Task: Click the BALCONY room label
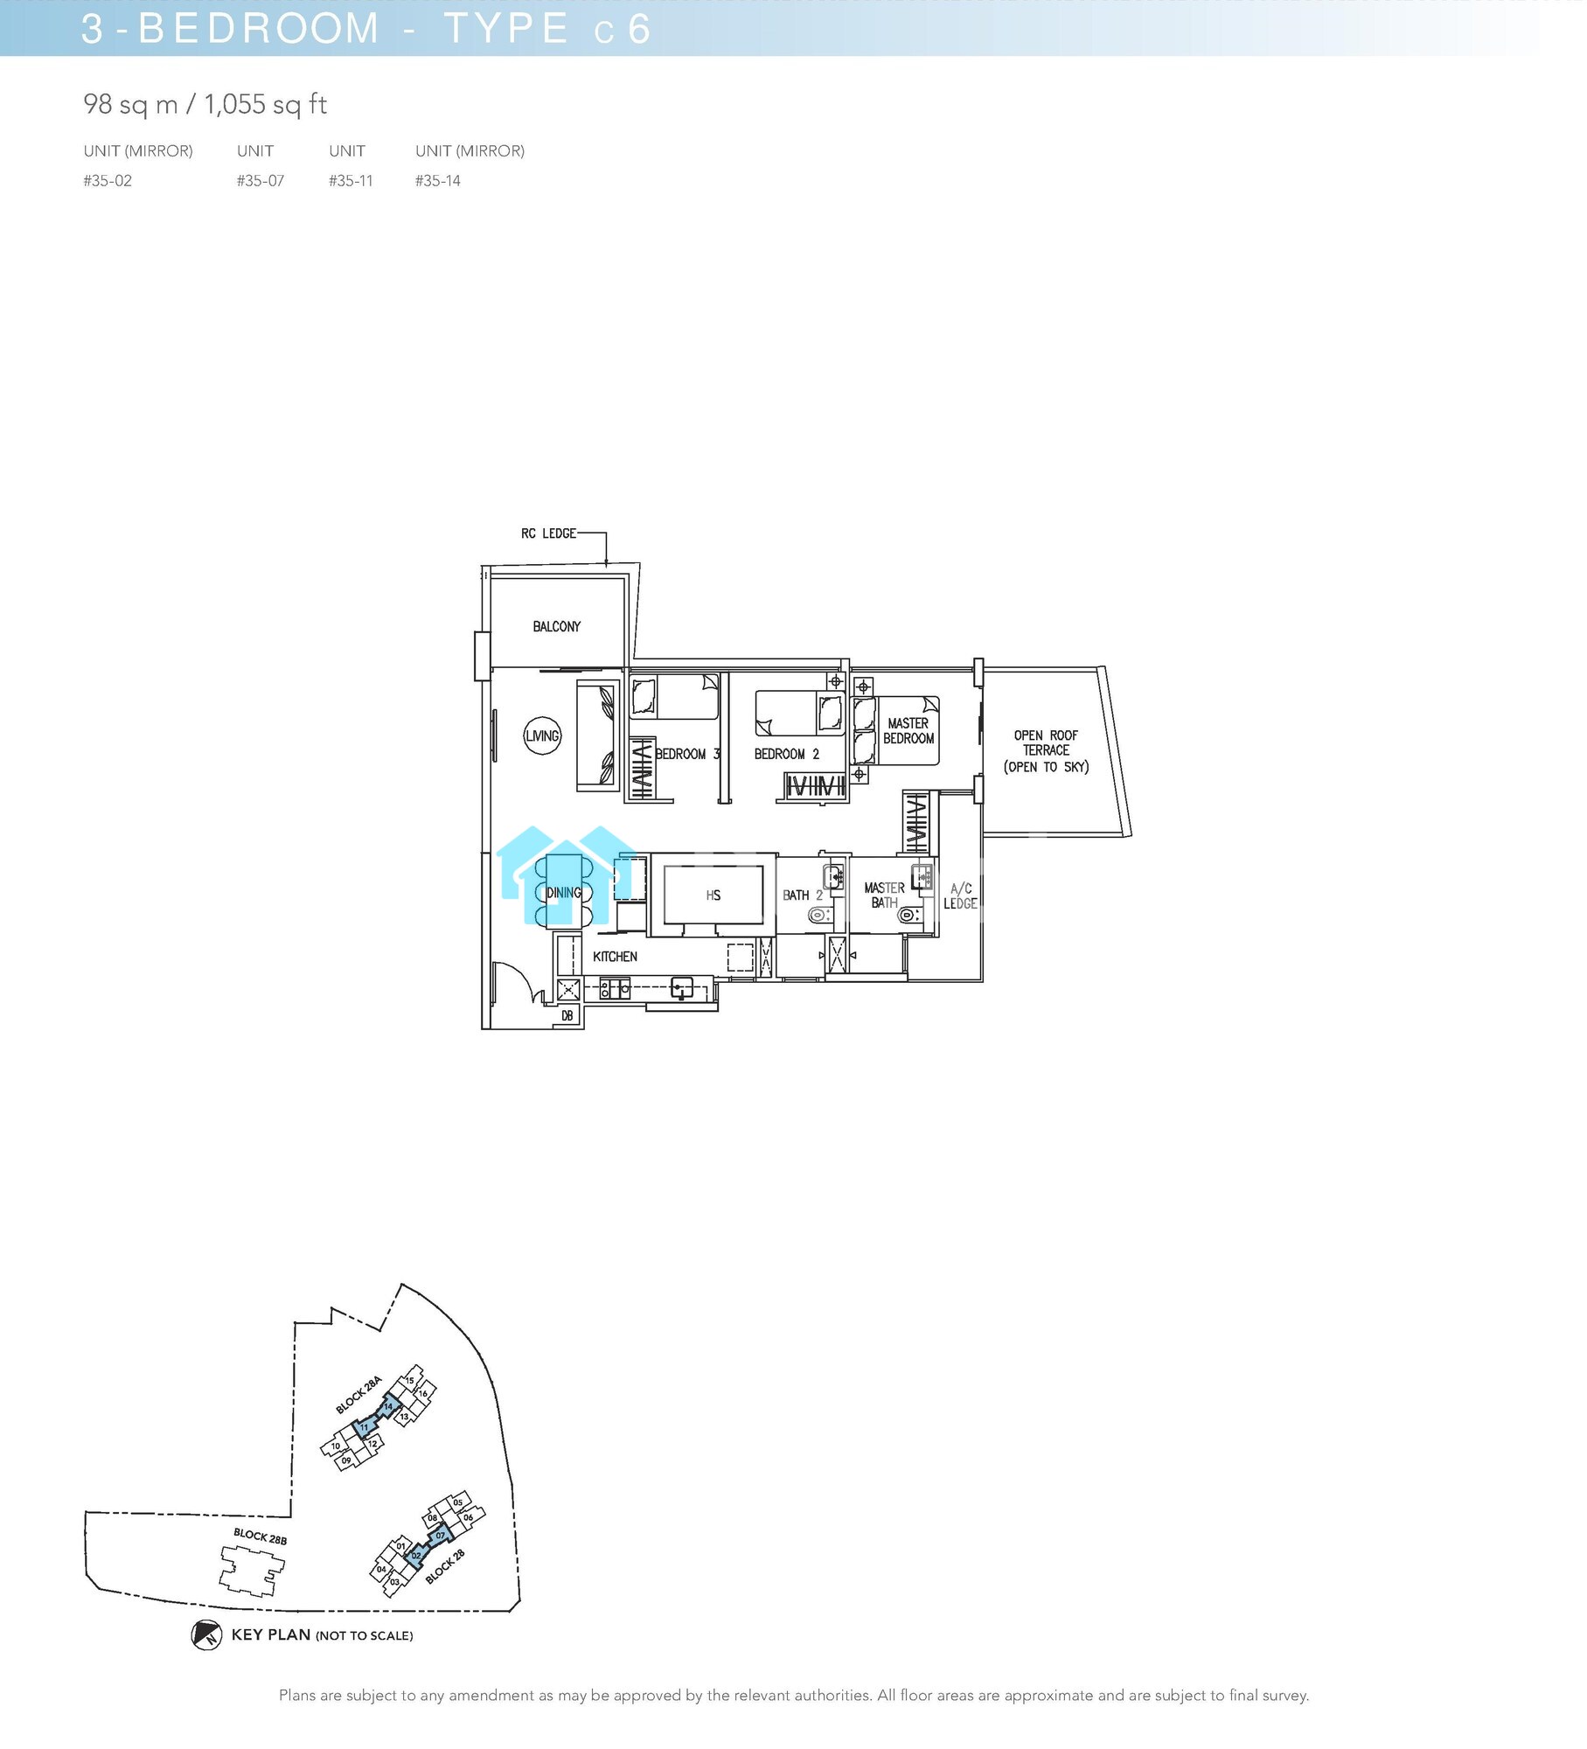pos(556,626)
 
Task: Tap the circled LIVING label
pos(542,735)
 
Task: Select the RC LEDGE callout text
pos(548,533)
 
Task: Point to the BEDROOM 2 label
pos(786,754)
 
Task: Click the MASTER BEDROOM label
pos(908,731)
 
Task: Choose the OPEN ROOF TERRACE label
pos(1046,750)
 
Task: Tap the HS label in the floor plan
pos(713,895)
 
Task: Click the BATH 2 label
pos(802,895)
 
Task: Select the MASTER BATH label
pos(884,895)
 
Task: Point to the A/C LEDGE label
pos(960,896)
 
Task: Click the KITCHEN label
pos(615,957)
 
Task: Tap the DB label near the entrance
pos(567,1015)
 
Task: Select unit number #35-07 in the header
pos(260,181)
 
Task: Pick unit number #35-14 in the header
pos(437,181)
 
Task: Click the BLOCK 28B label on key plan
pos(260,1536)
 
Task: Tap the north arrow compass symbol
pos(206,1634)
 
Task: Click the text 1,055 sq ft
pos(265,105)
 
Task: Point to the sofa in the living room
pos(597,735)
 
